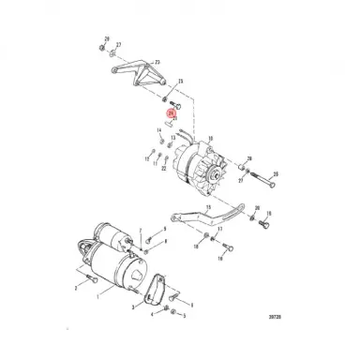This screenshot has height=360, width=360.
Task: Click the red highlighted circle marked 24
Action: (x=171, y=110)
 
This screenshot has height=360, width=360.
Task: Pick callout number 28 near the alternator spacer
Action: (x=275, y=174)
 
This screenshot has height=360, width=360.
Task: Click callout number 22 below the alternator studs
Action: (x=163, y=170)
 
